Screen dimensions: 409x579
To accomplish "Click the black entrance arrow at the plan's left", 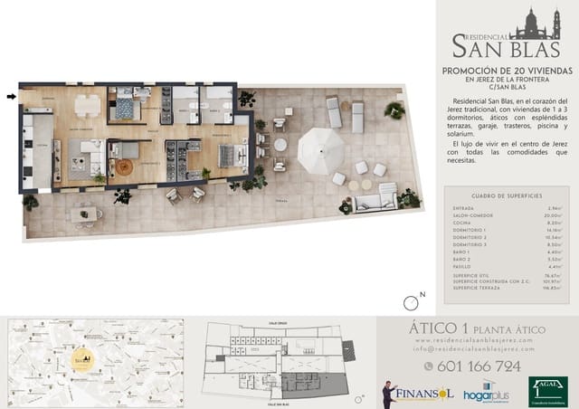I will coord(11,95).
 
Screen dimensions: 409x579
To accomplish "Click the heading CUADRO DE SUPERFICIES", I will coord(507,195).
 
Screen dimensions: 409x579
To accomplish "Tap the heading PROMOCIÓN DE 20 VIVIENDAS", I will coord(506,69).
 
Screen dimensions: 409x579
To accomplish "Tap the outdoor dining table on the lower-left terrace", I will coord(86,214).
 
